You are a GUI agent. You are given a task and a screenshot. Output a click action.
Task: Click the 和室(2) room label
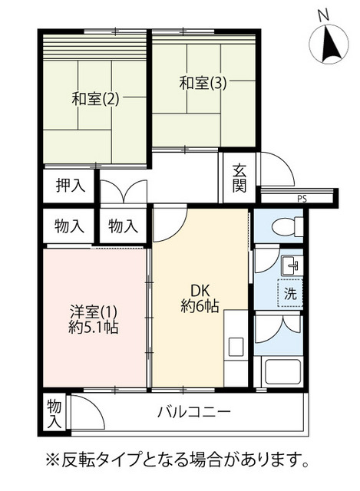tap(95, 99)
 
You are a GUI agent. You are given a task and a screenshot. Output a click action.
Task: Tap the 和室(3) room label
tap(203, 83)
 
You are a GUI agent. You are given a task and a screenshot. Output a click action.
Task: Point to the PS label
tap(302, 199)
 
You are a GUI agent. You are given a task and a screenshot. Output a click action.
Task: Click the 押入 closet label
tap(71, 186)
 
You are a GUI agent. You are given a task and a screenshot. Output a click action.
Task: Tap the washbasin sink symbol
tap(292, 265)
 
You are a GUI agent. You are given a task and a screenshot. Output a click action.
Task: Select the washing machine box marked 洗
tap(290, 292)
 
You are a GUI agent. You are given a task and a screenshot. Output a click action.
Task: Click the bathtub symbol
tap(283, 373)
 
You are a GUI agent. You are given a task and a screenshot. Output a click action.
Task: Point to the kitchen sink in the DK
tap(236, 347)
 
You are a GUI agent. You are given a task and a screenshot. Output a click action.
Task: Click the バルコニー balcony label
tap(194, 411)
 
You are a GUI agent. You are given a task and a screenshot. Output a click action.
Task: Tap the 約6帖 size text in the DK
tap(200, 306)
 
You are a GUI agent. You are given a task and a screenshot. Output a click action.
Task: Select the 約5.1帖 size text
tap(94, 328)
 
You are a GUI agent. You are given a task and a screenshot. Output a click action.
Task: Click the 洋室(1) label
tap(94, 312)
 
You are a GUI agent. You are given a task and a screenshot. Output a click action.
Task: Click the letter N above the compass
tap(323, 15)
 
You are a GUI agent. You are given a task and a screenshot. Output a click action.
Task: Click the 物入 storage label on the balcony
tap(54, 414)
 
